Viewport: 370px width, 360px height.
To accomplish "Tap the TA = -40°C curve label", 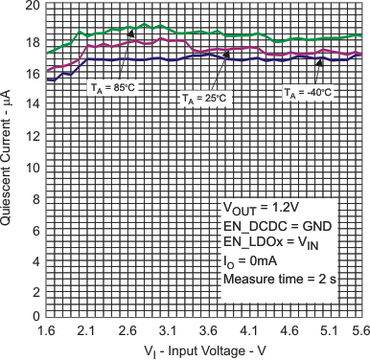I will (308, 93).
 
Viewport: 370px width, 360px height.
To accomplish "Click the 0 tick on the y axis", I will (35, 316).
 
